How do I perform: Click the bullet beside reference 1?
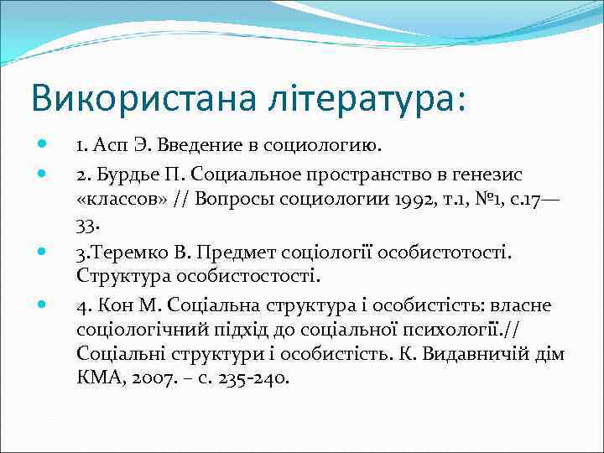(x=44, y=147)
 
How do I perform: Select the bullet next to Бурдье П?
(x=44, y=173)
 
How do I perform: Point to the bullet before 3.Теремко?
(x=44, y=250)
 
